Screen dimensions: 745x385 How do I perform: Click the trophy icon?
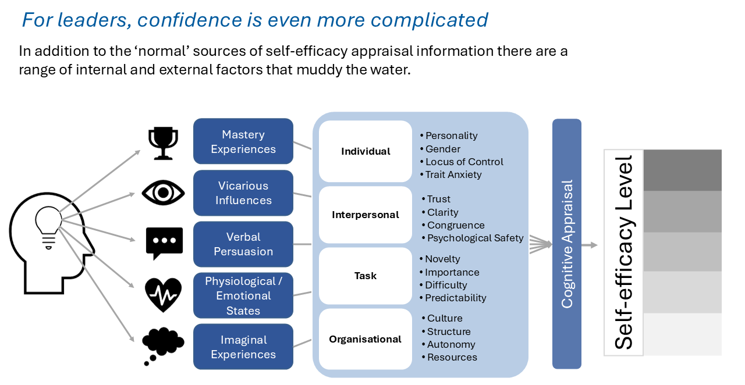coord(163,143)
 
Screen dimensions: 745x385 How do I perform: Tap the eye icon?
coord(163,192)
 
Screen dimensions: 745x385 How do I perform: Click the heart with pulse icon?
coord(163,295)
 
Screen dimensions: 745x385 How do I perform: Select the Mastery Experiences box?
coord(243,141)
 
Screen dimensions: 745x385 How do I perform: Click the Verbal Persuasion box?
coord(243,244)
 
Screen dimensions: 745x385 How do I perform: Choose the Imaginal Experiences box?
coord(243,347)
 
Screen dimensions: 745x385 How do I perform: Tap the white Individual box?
coord(365,151)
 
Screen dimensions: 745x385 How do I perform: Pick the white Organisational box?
coord(365,339)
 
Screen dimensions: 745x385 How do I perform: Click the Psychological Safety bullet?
coord(473,238)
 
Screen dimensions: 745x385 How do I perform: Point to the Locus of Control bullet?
coord(462,162)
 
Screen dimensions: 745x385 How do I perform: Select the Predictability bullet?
coord(453,298)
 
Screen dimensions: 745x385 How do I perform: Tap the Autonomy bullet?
coord(449,344)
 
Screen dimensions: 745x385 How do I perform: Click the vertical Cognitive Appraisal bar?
coord(567,244)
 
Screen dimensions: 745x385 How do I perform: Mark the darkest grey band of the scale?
coord(683,170)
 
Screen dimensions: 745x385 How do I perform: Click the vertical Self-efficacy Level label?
coord(623,252)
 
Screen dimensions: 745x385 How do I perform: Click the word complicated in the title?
coord(429,20)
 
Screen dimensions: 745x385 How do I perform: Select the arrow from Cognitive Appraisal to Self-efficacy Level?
coord(590,245)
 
